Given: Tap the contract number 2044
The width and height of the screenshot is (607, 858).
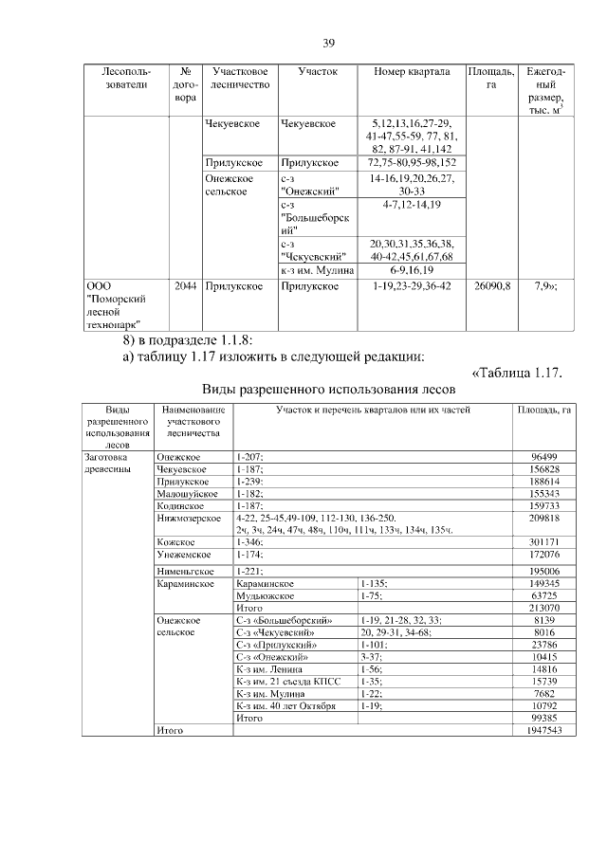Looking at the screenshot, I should (185, 285).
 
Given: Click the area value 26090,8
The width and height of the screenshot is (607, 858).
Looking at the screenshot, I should (492, 285).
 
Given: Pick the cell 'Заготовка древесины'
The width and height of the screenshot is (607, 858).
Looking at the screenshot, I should (114, 463).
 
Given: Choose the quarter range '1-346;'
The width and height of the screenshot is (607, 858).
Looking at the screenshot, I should (251, 542).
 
